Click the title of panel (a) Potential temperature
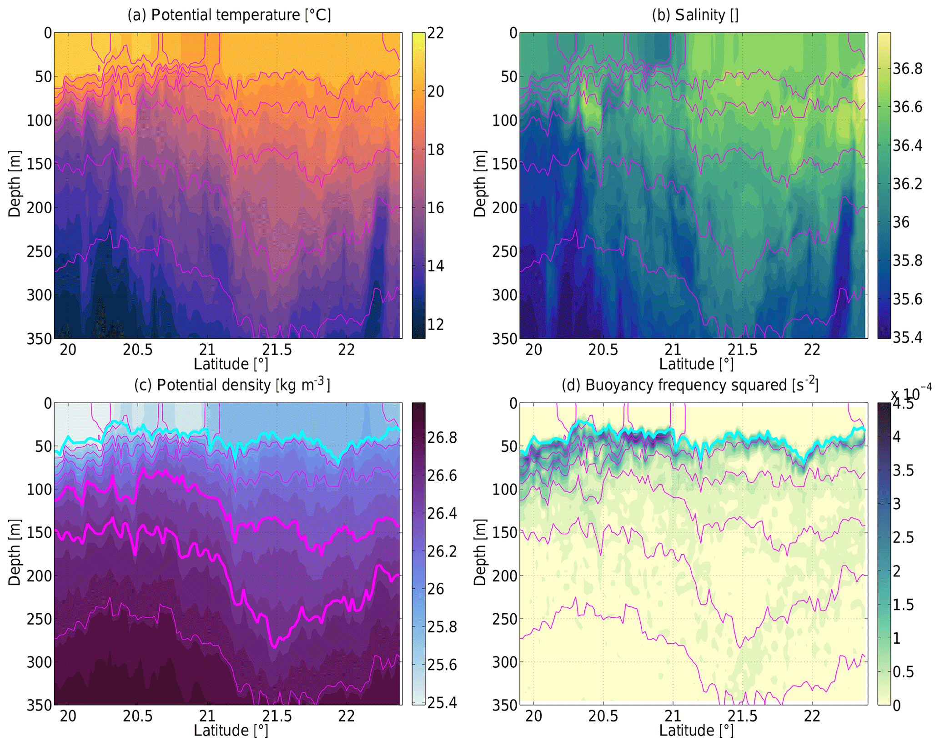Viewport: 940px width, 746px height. (229, 15)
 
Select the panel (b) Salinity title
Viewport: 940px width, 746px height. (694, 15)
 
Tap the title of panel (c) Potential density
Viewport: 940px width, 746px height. (232, 385)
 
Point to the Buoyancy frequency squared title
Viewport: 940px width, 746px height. (689, 385)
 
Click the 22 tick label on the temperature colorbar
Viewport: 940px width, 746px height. (435, 33)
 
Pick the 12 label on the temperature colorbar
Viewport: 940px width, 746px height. (435, 325)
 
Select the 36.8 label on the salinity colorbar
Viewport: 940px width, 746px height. (907, 69)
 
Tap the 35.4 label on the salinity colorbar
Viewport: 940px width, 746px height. (907, 337)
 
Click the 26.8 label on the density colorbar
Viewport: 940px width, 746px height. (442, 438)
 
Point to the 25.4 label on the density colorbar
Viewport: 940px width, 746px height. (442, 703)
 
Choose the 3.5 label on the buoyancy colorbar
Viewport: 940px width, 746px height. (903, 470)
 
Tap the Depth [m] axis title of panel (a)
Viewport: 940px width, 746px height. (15, 184)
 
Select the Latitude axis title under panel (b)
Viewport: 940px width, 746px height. (696, 364)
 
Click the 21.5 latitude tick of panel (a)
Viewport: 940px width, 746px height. (276, 350)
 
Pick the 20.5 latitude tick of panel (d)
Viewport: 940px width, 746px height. (603, 717)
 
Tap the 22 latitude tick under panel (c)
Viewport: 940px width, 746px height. (347, 717)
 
